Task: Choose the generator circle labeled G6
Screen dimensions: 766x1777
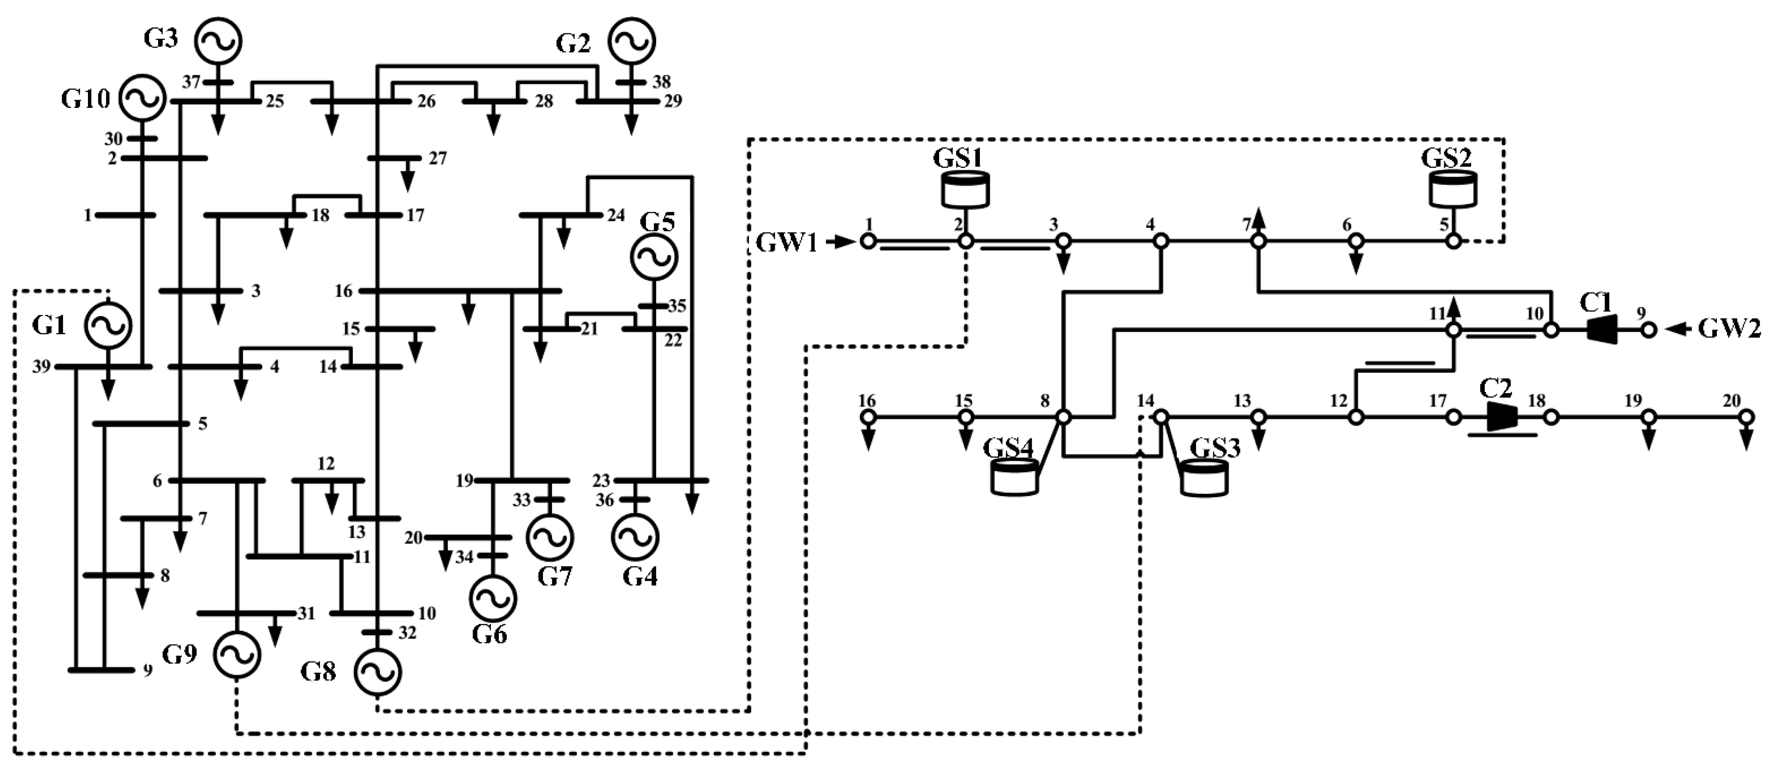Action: (493, 598)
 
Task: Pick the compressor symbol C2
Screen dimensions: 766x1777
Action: (1502, 416)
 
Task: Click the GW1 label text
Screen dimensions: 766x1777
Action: (786, 243)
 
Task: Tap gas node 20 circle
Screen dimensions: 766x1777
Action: (1746, 416)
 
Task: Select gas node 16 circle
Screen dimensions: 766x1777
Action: (868, 416)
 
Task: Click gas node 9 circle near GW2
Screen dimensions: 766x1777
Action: (1648, 330)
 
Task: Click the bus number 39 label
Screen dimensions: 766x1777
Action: (41, 366)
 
